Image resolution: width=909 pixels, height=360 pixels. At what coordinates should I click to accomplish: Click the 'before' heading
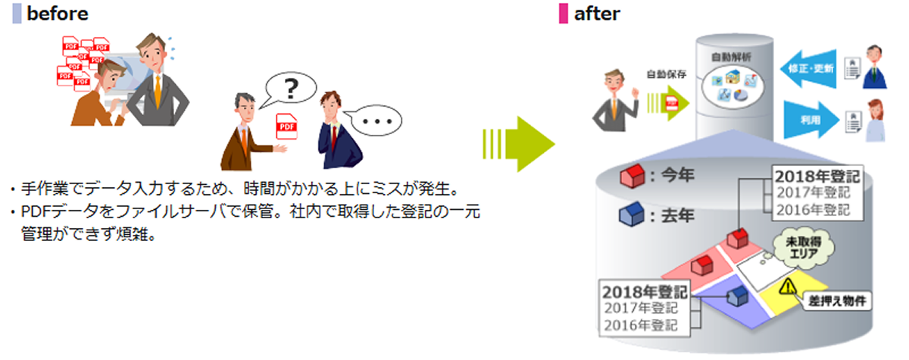click(56, 14)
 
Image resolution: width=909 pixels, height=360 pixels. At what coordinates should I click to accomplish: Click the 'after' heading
click(596, 14)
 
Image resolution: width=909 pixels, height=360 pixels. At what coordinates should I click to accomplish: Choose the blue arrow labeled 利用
click(811, 120)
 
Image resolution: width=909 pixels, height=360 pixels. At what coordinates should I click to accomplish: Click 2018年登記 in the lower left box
click(643, 291)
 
